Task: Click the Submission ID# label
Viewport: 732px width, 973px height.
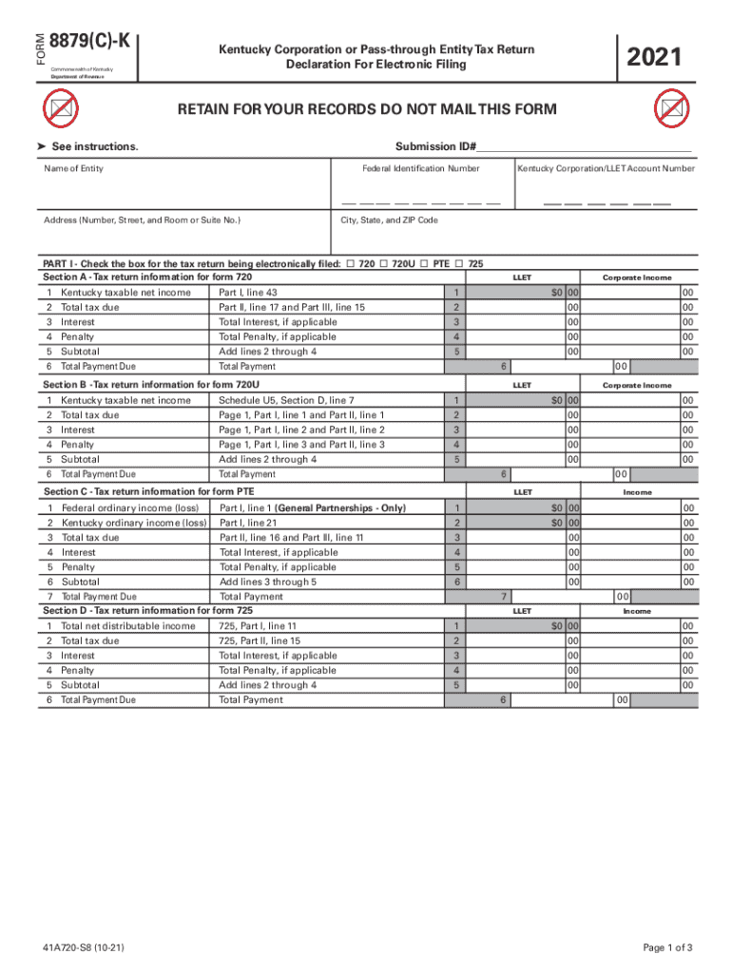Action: [435, 146]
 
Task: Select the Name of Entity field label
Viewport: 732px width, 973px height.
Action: [74, 169]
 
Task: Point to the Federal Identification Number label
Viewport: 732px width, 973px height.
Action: [421, 169]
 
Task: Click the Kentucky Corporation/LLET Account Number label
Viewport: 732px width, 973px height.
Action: [606, 169]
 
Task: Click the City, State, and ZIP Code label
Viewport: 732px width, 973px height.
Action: [390, 220]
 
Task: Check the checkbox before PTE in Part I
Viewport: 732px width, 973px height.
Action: [424, 264]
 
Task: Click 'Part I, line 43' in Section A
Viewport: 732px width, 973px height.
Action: [248, 293]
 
